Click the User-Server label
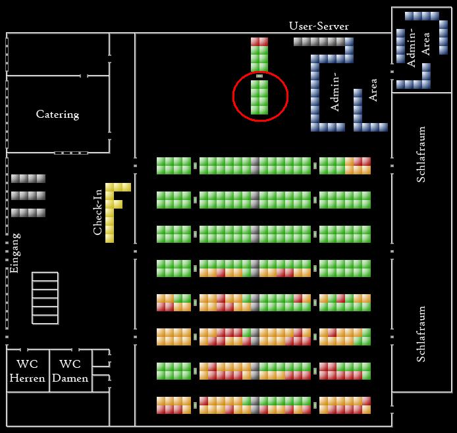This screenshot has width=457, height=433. (319, 26)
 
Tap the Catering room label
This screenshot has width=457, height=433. (57, 115)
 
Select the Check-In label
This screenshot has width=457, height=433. (98, 211)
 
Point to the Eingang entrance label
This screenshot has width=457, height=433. (14, 253)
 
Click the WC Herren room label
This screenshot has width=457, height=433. (27, 371)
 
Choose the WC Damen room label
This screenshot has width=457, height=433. (70, 371)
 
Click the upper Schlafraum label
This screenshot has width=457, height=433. (422, 155)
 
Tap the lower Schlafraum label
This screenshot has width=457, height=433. (422, 334)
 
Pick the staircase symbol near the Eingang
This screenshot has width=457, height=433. (45, 298)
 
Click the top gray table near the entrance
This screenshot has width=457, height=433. (28, 178)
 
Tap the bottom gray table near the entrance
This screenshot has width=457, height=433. (28, 213)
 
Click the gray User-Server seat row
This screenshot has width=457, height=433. (319, 41)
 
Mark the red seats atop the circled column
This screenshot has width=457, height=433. (259, 41)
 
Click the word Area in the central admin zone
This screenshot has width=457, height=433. (373, 89)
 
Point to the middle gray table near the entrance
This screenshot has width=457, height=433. (28, 195)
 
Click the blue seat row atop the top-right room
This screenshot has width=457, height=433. (421, 16)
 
